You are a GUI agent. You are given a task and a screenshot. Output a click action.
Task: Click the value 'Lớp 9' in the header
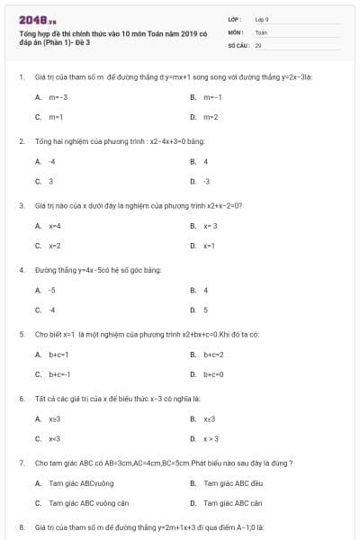261,18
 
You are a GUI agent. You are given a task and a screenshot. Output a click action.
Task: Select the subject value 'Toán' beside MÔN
260,31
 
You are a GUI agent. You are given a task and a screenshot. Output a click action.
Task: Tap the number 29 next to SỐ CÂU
258,44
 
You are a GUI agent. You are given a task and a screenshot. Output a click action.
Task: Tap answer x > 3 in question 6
211,438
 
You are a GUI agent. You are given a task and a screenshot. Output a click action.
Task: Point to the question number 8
21,526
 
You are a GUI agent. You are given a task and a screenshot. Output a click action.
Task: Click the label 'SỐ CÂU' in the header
238,44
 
